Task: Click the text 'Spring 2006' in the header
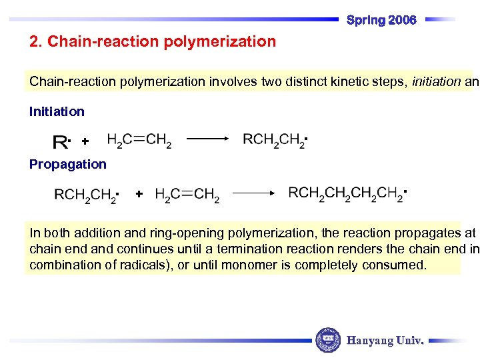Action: point(381,20)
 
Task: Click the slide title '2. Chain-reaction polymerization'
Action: point(153,42)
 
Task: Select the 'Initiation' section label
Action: point(57,111)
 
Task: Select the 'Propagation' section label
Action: point(67,164)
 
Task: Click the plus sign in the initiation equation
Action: point(85,141)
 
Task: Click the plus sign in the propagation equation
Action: point(138,194)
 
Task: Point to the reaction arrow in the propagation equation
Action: point(254,193)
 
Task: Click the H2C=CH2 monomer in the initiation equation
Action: point(139,141)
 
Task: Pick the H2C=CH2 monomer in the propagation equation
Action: point(187,195)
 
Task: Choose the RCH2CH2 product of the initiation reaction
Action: point(274,140)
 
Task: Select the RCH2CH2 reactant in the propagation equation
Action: point(86,195)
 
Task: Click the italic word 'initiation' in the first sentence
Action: point(436,82)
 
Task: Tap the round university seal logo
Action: point(327,340)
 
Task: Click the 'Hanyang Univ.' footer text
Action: point(385,341)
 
